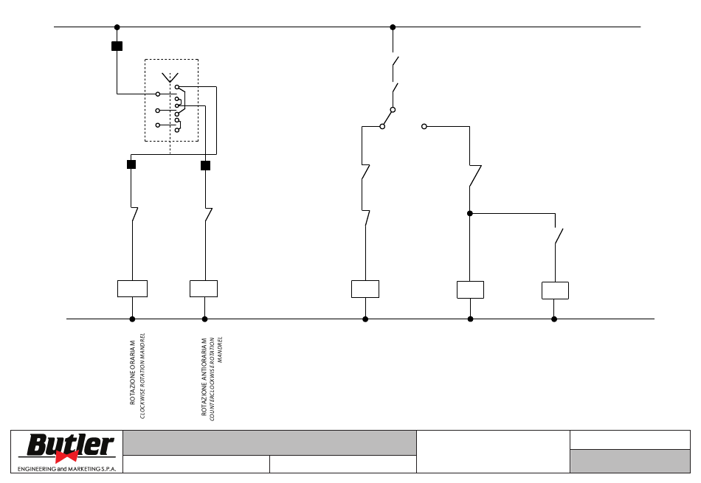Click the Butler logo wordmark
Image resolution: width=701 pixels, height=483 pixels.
70,445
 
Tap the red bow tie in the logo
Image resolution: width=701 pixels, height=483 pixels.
66,456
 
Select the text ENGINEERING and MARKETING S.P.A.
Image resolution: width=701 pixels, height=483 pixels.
66,469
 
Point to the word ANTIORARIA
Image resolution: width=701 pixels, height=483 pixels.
204,363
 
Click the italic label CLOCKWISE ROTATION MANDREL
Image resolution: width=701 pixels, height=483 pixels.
142,376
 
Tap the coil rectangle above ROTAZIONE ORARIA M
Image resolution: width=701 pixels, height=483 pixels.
132,288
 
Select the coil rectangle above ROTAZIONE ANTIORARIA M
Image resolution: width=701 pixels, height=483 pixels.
204,288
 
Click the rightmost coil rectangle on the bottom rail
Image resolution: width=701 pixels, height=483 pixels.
555,291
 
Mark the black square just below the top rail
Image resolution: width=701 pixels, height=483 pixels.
117,46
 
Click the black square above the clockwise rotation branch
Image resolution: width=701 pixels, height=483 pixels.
131,164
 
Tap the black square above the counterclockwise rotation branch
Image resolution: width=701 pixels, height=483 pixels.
205,166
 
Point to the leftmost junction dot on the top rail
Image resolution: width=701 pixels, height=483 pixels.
117,27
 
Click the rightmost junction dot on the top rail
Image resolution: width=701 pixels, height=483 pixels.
393,27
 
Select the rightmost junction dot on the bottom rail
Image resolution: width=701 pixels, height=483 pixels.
554,319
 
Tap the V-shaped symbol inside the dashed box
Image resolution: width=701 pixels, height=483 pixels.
170,77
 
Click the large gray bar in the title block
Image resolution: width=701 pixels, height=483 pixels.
269,442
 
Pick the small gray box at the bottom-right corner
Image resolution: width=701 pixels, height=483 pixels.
630,461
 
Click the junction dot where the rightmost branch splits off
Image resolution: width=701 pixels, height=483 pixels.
470,214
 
